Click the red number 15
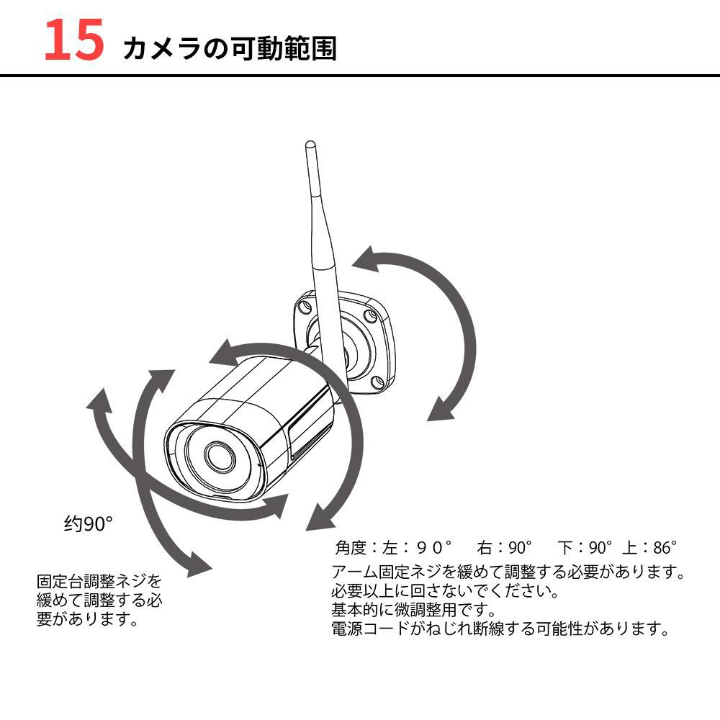[x=74, y=41]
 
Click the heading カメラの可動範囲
[x=230, y=48]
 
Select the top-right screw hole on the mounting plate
[x=370, y=315]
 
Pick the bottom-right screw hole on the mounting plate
[x=374, y=381]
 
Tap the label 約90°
[x=89, y=524]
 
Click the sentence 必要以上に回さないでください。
[x=445, y=592]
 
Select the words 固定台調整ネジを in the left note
[x=99, y=580]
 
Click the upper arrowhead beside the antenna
[x=367, y=261]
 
